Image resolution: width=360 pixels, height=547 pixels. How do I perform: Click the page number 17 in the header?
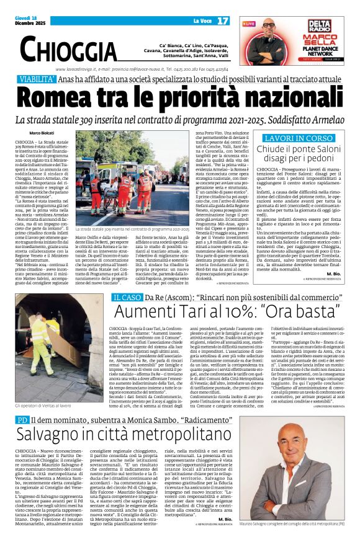pyautogui.click(x=223, y=21)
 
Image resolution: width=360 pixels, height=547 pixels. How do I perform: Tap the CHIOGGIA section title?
pyautogui.click(x=68, y=49)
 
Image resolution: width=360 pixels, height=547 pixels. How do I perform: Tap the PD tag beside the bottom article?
pyautogui.click(x=22, y=420)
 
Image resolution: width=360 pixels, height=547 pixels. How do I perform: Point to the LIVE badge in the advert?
pyautogui.click(x=249, y=24)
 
